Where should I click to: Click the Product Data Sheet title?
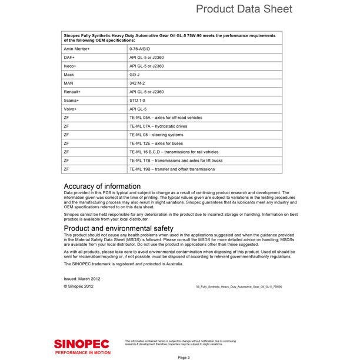point(244,9)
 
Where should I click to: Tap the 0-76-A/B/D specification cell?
point(140,49)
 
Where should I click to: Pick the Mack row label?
point(68,75)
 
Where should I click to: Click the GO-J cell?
point(135,75)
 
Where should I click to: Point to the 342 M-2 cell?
point(137,84)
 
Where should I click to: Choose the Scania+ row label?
point(71,101)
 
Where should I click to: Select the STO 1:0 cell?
point(136,101)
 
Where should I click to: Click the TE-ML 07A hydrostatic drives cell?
point(158,126)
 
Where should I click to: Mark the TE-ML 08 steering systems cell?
point(156,135)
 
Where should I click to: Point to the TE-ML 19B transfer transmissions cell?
point(172,169)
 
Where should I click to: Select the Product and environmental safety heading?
point(118,228)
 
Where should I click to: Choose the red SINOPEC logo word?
point(81,342)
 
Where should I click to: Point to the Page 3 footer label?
point(183,356)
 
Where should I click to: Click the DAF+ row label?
point(69,58)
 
